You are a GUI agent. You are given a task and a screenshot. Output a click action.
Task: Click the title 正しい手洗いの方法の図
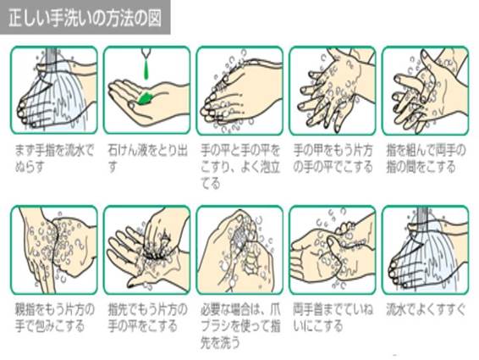[x=85, y=18]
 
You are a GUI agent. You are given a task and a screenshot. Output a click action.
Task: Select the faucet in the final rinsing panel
[x=423, y=214]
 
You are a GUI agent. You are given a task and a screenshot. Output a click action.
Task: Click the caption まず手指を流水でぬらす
[x=54, y=158]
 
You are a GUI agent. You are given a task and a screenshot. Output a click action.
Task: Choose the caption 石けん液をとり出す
[x=147, y=158]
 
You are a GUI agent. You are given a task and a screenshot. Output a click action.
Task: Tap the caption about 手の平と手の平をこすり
[x=240, y=167]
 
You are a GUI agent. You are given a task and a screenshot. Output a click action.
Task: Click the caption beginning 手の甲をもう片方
[x=333, y=158]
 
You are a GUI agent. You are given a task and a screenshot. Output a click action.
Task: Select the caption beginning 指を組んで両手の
[x=426, y=158]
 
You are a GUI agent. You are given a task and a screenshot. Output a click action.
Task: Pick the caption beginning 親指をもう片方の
[x=55, y=318]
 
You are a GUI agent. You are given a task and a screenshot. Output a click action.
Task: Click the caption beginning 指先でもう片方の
[x=147, y=318]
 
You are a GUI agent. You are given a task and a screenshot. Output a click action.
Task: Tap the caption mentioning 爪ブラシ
[x=240, y=326]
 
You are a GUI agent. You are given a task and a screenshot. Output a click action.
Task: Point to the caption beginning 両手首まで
[x=333, y=318]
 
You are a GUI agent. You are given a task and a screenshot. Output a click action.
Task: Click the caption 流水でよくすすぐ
[x=426, y=309]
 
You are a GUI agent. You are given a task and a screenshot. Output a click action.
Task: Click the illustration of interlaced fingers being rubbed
[x=425, y=91]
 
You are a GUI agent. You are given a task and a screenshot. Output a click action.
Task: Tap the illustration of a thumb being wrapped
[x=54, y=250]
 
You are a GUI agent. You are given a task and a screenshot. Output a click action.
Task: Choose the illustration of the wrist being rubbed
[x=333, y=250]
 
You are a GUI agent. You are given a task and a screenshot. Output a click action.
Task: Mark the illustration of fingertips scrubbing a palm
[x=147, y=250]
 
